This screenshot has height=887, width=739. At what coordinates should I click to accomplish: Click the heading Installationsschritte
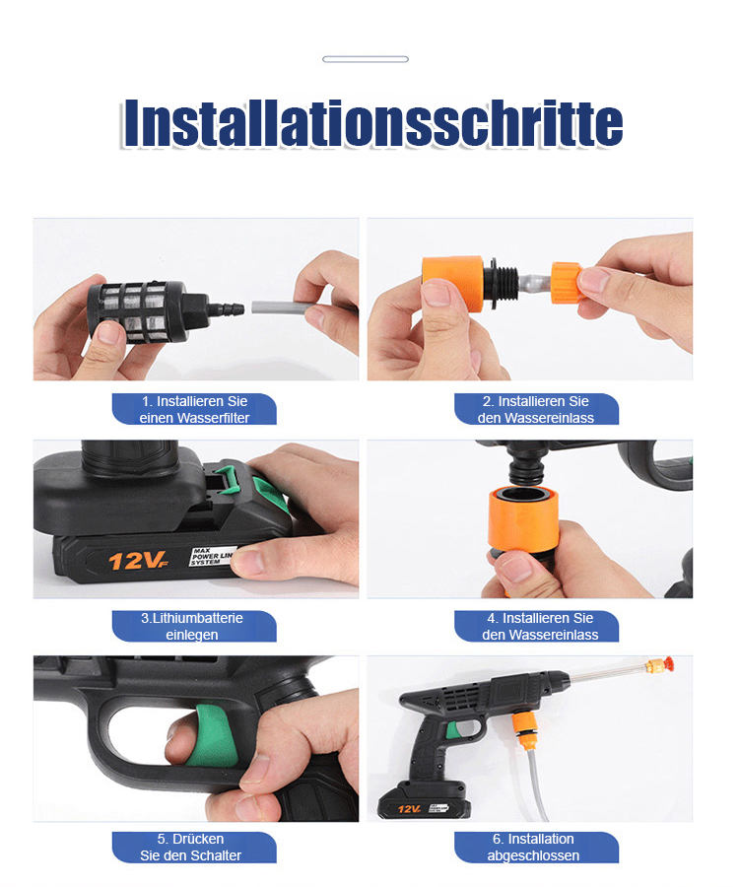click(x=372, y=123)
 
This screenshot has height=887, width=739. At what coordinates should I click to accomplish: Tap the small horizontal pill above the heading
click(x=366, y=59)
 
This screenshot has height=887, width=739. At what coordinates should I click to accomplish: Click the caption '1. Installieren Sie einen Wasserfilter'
click(x=194, y=409)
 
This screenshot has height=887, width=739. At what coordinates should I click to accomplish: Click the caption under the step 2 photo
click(x=536, y=409)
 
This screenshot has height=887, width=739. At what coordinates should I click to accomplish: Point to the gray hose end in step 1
click(x=281, y=308)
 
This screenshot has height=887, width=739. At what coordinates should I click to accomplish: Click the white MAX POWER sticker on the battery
click(x=212, y=557)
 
